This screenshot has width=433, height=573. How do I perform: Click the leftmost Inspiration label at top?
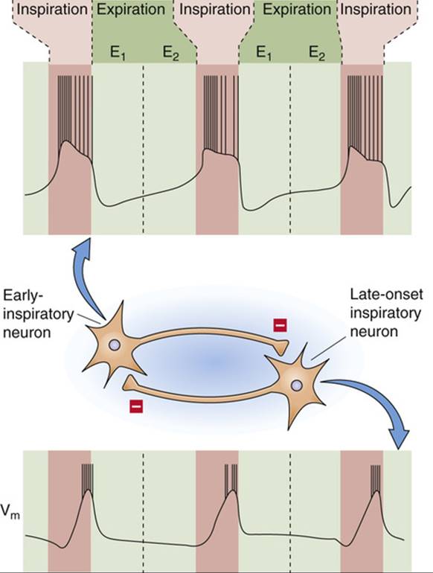click(x=52, y=10)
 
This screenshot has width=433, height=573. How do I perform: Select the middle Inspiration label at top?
click(x=215, y=10)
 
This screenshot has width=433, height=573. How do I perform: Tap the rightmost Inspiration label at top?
click(x=376, y=10)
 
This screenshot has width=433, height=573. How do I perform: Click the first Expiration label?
click(x=131, y=10)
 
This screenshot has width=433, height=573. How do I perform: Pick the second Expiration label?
click(x=297, y=10)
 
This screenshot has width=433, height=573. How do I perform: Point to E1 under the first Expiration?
click(x=118, y=54)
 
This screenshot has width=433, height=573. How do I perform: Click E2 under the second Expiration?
click(x=317, y=54)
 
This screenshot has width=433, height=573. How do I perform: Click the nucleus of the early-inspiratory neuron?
click(x=115, y=345)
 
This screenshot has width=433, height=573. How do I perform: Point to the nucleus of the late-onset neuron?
click(x=297, y=385)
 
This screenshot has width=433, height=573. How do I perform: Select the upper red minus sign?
click(x=280, y=325)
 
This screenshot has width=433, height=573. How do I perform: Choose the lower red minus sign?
click(x=136, y=406)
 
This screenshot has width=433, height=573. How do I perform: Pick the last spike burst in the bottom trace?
click(x=375, y=478)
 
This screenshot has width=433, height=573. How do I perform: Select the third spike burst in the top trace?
click(x=365, y=118)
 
